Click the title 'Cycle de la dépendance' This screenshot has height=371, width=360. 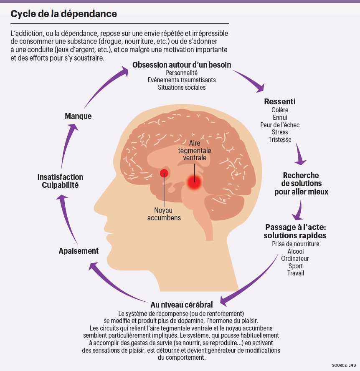coord(63,14)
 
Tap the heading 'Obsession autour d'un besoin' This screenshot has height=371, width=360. coord(182,65)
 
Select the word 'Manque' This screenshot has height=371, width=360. coord(78,116)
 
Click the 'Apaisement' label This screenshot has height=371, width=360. coord(79,251)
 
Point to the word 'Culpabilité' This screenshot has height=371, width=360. coord(60,185)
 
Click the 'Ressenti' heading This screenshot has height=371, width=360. coord(280,102)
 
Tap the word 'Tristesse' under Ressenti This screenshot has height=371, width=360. coord(280,140)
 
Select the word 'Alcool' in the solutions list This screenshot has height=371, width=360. coord(296,251)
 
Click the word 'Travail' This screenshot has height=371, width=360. coord(296,273)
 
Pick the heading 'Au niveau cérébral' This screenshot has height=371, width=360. coord(182,305)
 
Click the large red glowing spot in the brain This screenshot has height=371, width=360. coord(194,181)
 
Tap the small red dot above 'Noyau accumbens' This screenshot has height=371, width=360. coord(164,173)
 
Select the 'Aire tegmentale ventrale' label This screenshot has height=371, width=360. coord(195,151)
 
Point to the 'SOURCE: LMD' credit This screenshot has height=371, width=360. coord(345,365)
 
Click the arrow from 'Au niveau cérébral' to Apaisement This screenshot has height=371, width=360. coord(113,284)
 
